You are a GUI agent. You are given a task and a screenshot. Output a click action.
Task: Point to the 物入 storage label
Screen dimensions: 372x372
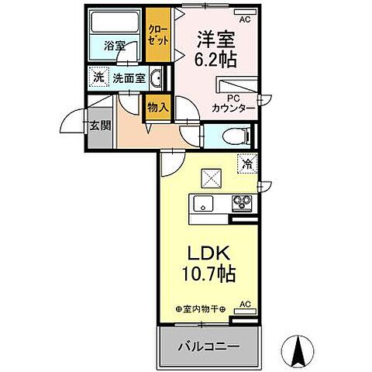(158, 107)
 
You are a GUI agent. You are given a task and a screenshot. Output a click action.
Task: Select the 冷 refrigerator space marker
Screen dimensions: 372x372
(246, 164)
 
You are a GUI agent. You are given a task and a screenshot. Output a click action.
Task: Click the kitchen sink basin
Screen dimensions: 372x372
(202, 205)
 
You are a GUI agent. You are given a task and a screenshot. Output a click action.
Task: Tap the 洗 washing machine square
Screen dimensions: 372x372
(98, 77)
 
